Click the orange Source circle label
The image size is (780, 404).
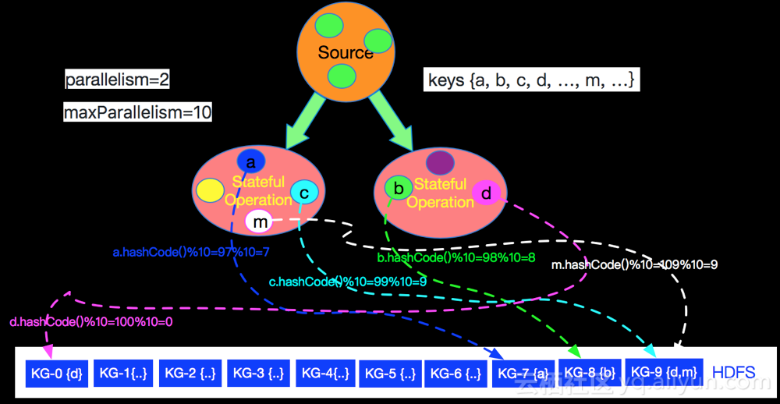click(346, 52)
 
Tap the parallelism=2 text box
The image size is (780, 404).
click(117, 80)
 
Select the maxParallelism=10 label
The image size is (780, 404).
click(137, 112)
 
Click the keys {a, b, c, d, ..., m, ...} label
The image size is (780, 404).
click(533, 80)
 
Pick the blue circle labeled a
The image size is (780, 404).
click(251, 162)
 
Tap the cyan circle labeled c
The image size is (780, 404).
click(303, 193)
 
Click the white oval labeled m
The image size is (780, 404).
click(259, 222)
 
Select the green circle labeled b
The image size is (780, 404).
click(399, 188)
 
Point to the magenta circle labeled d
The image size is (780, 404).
click(486, 193)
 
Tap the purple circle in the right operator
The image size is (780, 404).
click(440, 162)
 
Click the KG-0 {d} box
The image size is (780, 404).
click(58, 373)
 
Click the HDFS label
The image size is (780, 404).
click(734, 372)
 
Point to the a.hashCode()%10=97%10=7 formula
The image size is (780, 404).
click(191, 252)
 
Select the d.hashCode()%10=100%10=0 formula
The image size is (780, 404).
click(91, 321)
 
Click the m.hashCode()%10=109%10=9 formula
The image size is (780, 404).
click(634, 264)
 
